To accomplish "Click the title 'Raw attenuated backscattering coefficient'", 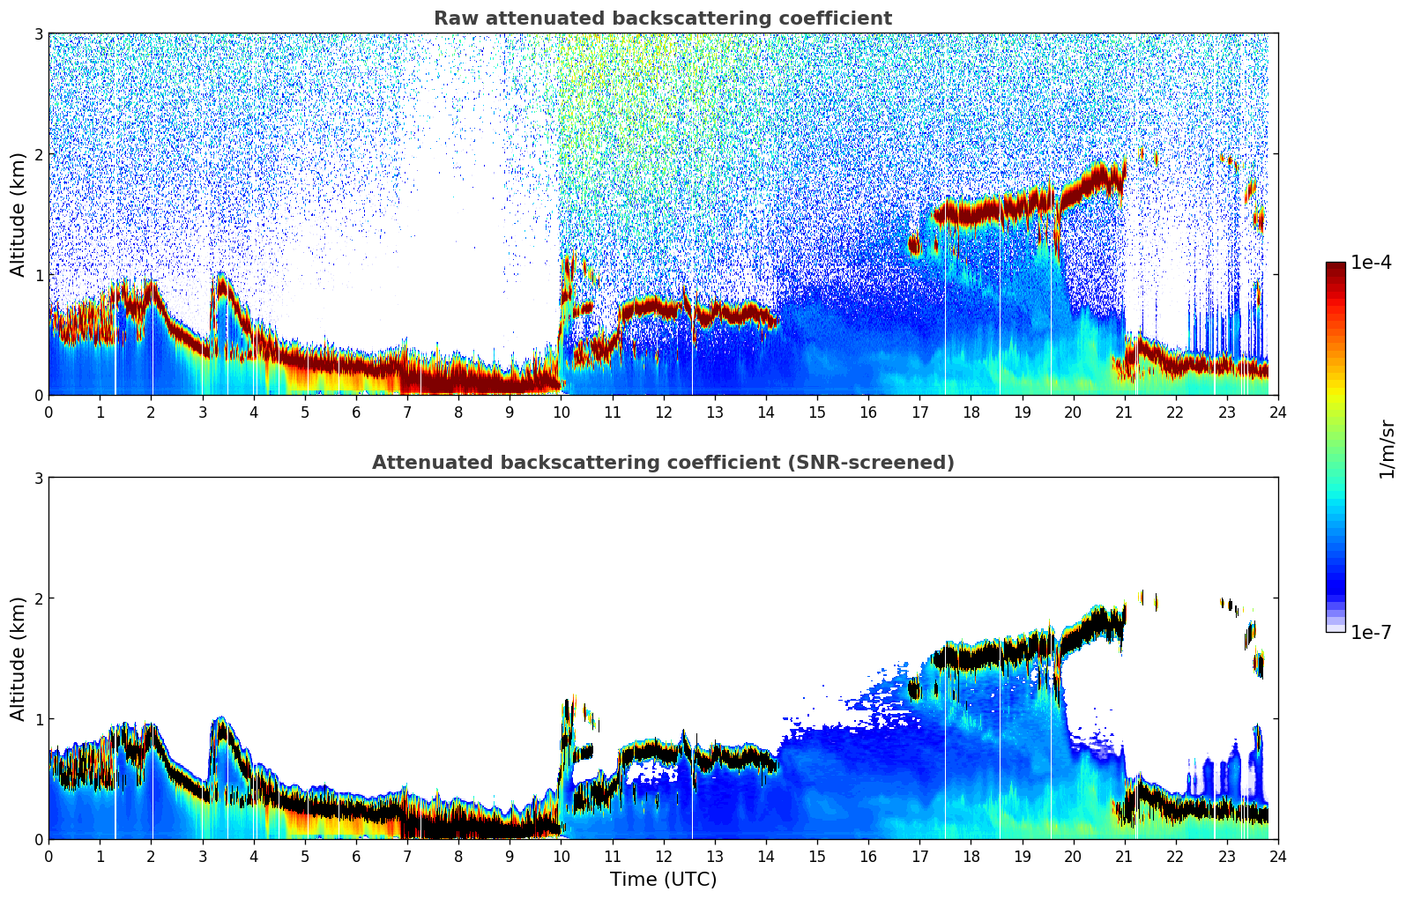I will (662, 19).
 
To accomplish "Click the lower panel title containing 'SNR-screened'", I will (662, 463).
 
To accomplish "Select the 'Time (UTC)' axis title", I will (663, 879).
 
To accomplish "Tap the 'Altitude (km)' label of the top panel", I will (19, 214).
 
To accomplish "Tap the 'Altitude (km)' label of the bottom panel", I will (19, 658).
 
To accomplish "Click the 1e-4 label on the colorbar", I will (1371, 263).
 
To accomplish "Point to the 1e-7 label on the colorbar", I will (1371, 632).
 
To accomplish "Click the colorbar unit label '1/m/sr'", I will (1387, 449).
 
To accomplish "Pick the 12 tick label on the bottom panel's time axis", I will (663, 856).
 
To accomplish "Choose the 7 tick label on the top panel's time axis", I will (407, 412).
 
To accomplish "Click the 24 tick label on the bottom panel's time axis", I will (1277, 856).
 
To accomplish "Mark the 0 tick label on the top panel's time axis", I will (48, 412).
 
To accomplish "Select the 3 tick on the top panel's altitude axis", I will (38, 33).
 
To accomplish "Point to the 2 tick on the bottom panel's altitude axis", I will (38, 598).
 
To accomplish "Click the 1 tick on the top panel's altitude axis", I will (38, 275).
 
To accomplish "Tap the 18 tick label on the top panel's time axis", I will (971, 412).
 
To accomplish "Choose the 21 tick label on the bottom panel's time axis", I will (1124, 856).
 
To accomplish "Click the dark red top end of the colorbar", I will (1335, 266).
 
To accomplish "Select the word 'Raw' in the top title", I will (454, 19).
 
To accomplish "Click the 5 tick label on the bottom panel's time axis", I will (305, 856).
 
